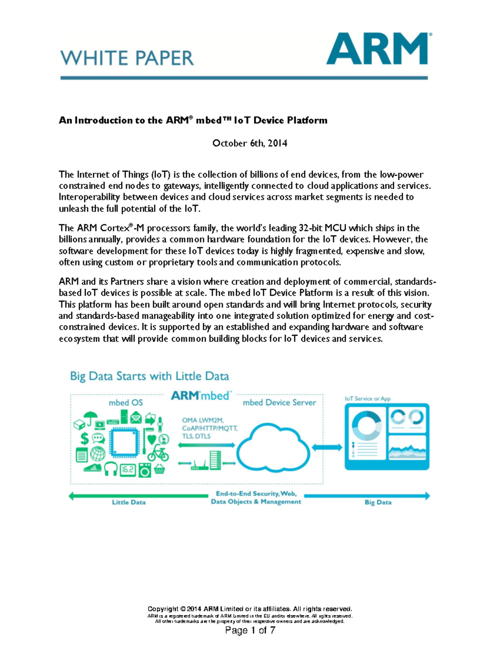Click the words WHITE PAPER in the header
[127, 58]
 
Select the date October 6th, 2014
[250, 143]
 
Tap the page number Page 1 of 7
[250, 630]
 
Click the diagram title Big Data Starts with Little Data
[149, 376]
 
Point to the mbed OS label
[125, 402]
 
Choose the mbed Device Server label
[279, 402]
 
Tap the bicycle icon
[158, 453]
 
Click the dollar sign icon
[85, 438]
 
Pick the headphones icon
[111, 469]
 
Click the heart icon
[151, 439]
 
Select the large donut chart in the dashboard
[366, 425]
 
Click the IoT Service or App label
[367, 399]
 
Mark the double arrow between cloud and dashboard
[327, 447]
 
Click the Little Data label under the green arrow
[129, 502]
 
